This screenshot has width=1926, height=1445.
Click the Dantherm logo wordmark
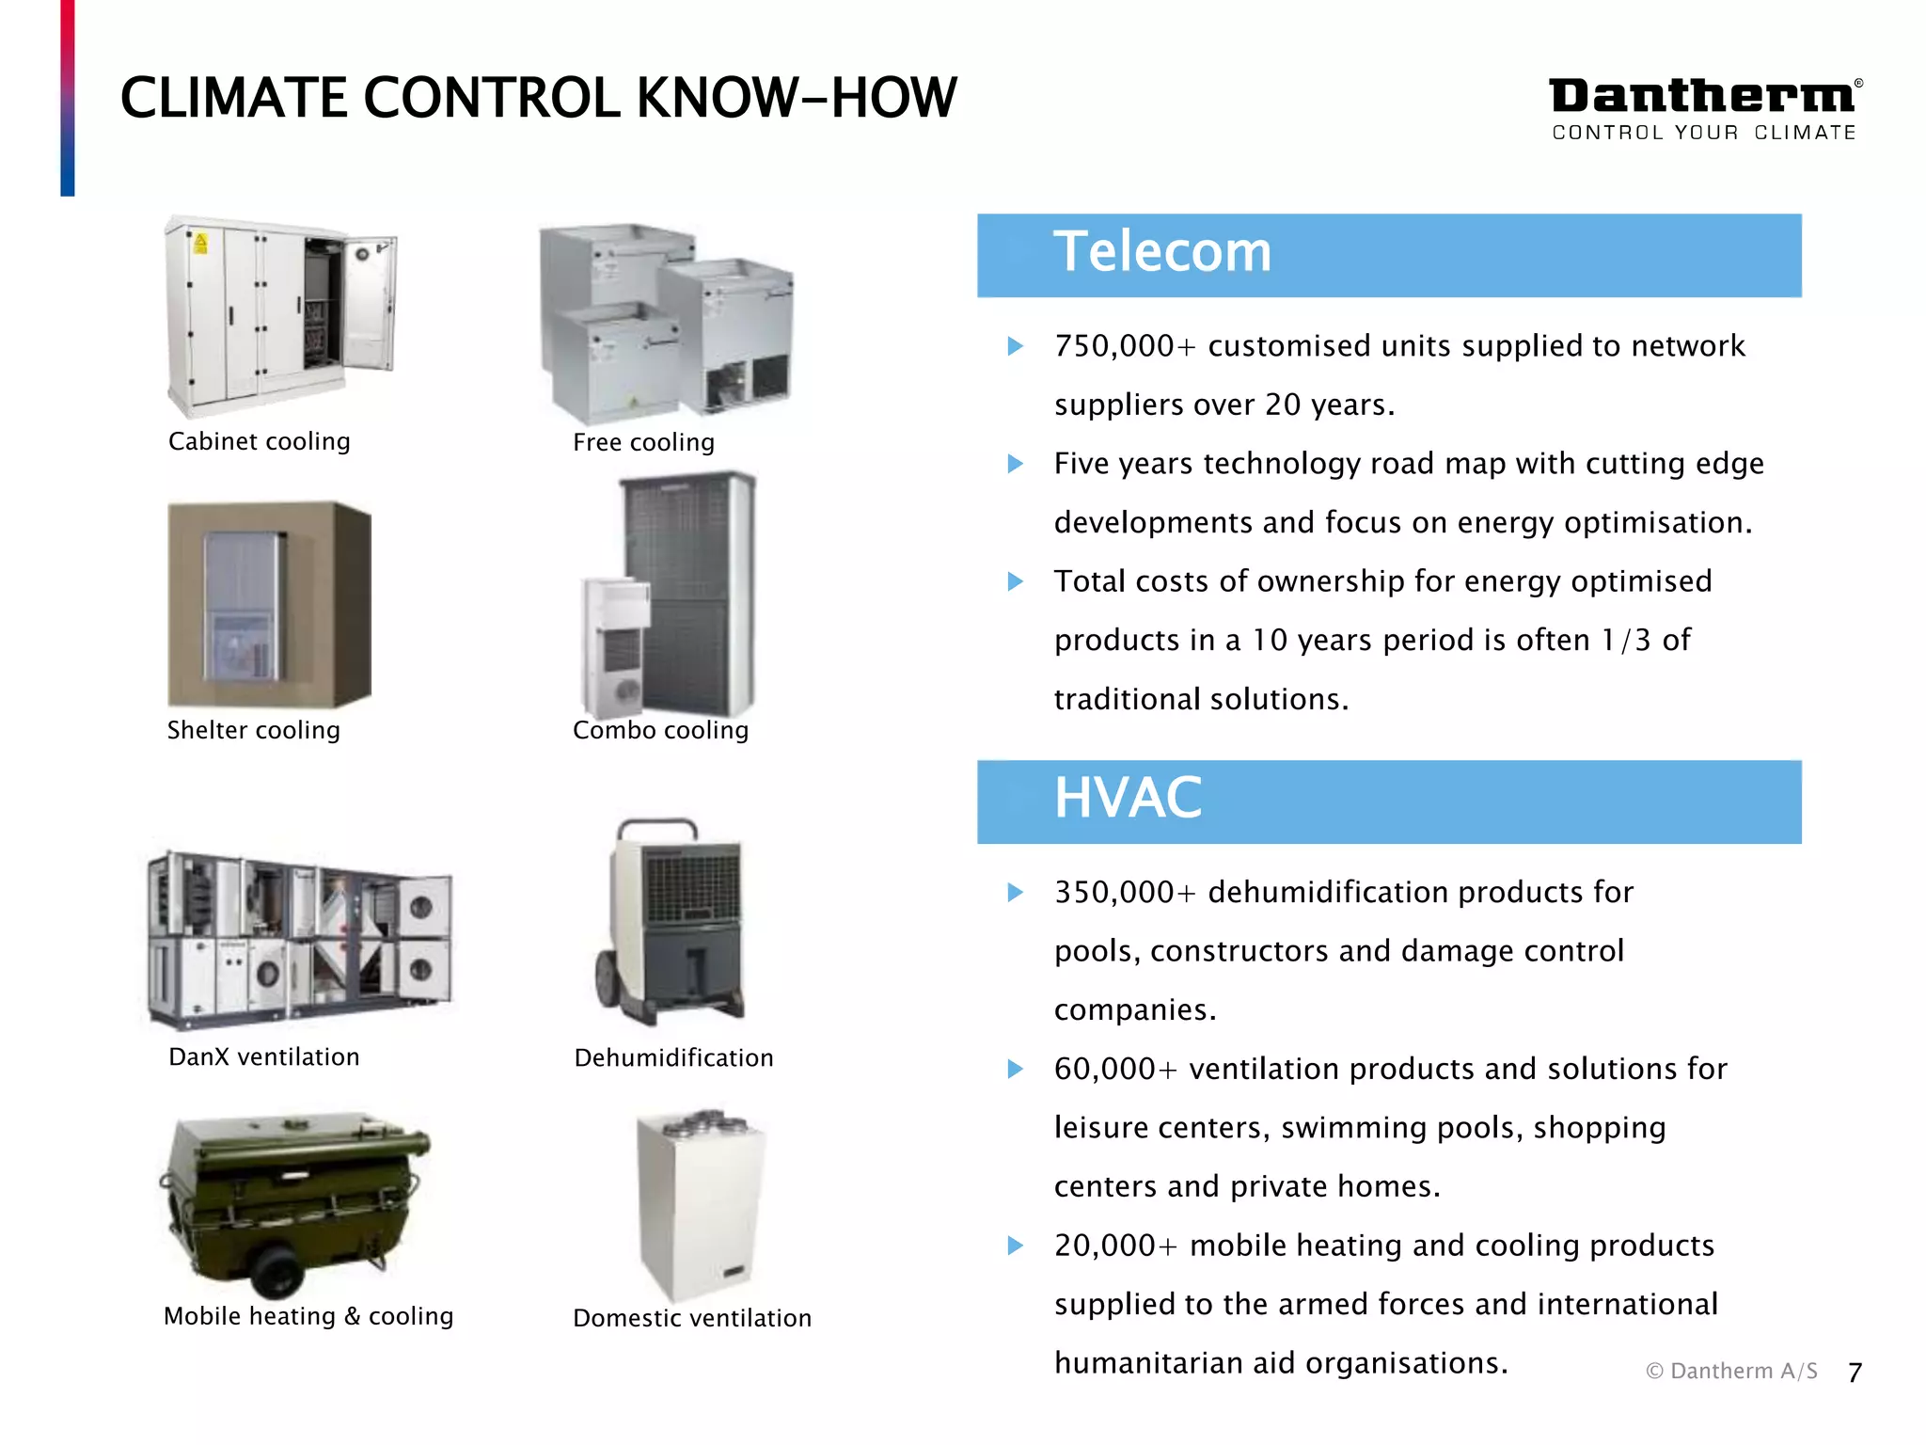click(1702, 97)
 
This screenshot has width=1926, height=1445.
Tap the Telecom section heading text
click(1161, 252)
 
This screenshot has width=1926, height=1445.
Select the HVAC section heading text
click(1128, 799)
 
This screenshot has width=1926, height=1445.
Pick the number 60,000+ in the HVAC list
click(1115, 1069)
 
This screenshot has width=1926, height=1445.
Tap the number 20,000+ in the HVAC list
click(1115, 1246)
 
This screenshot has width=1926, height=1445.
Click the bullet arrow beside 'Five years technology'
click(1015, 464)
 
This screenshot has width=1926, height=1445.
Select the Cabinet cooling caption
click(259, 441)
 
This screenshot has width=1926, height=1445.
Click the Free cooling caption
click(643, 442)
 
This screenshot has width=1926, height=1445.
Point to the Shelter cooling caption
click(253, 730)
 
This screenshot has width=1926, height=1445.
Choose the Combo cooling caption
click(660, 730)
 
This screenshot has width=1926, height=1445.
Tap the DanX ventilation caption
click(263, 1056)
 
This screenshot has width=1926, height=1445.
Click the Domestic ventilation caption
click(691, 1318)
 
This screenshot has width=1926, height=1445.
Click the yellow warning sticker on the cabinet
click(200, 244)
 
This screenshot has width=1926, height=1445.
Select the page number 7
click(1854, 1373)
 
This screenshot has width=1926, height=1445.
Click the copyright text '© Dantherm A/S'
click(1731, 1372)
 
